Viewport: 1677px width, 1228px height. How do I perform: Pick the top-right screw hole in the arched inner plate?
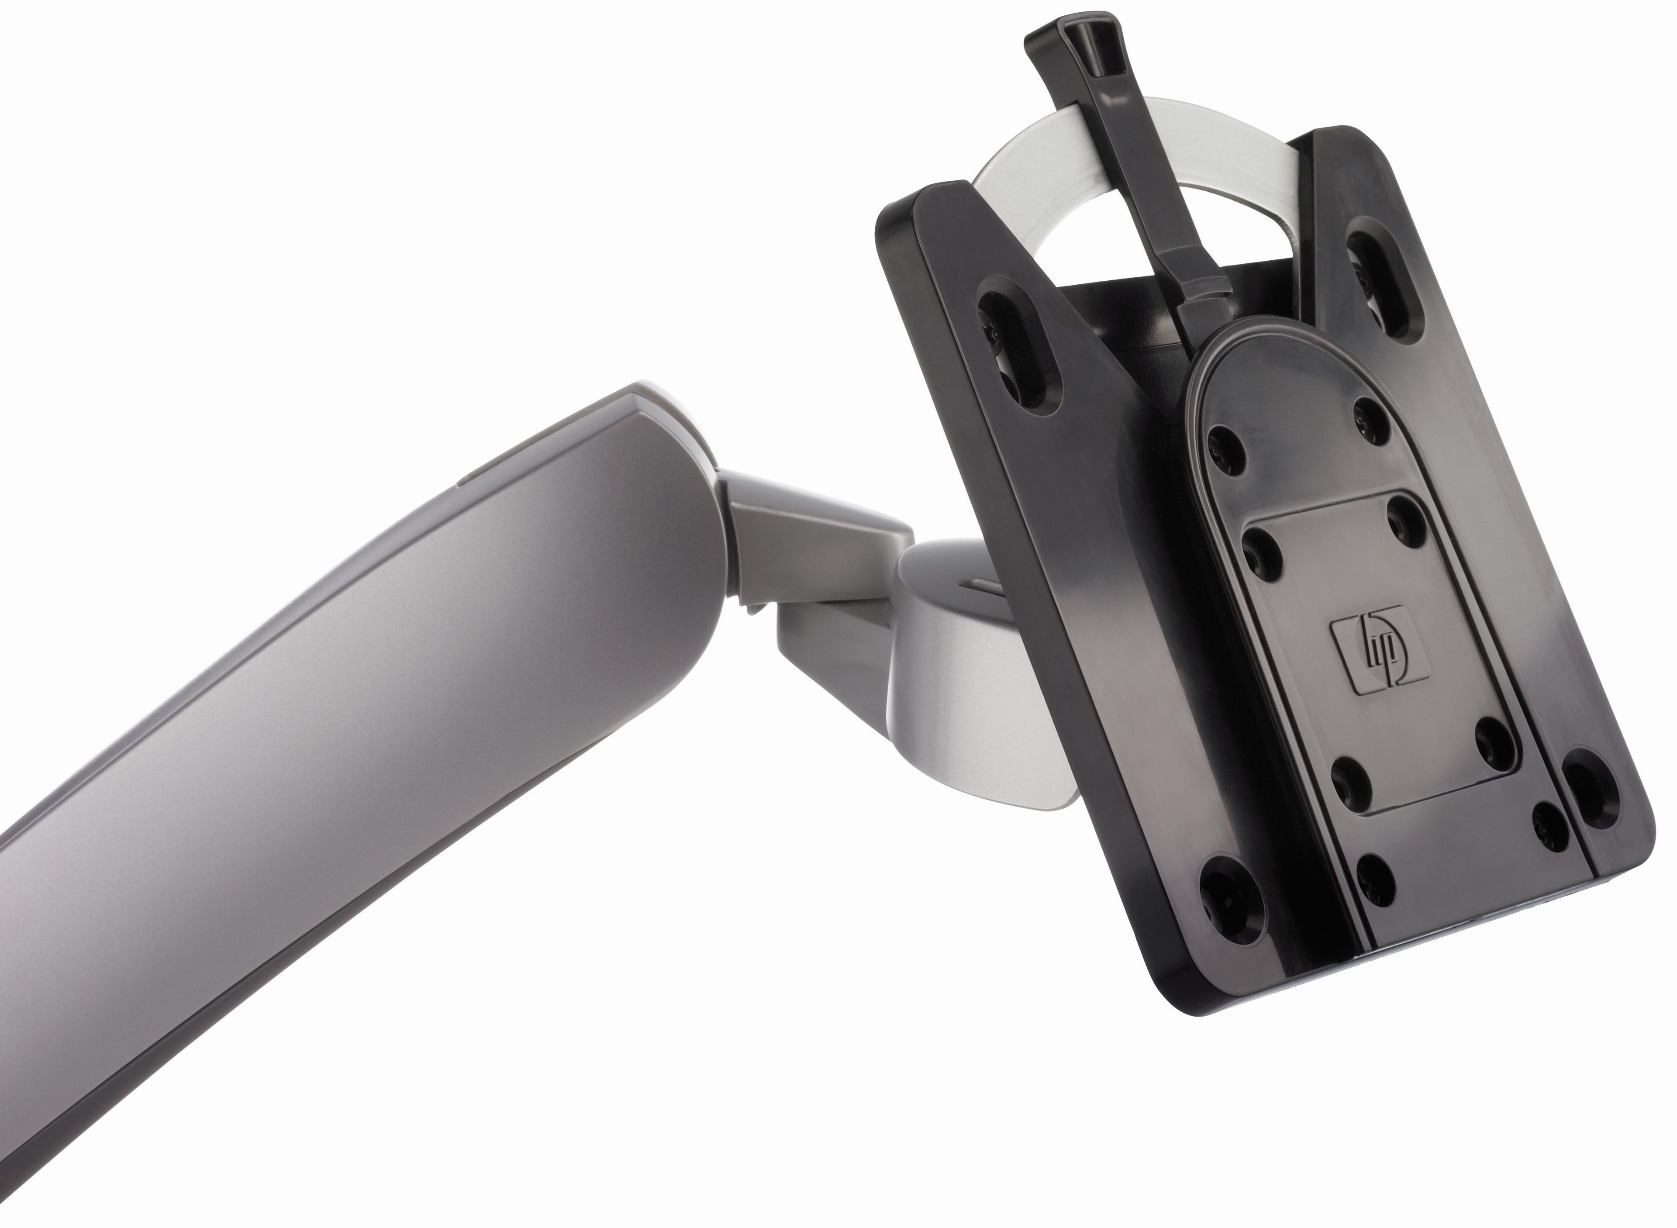[1371, 421]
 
